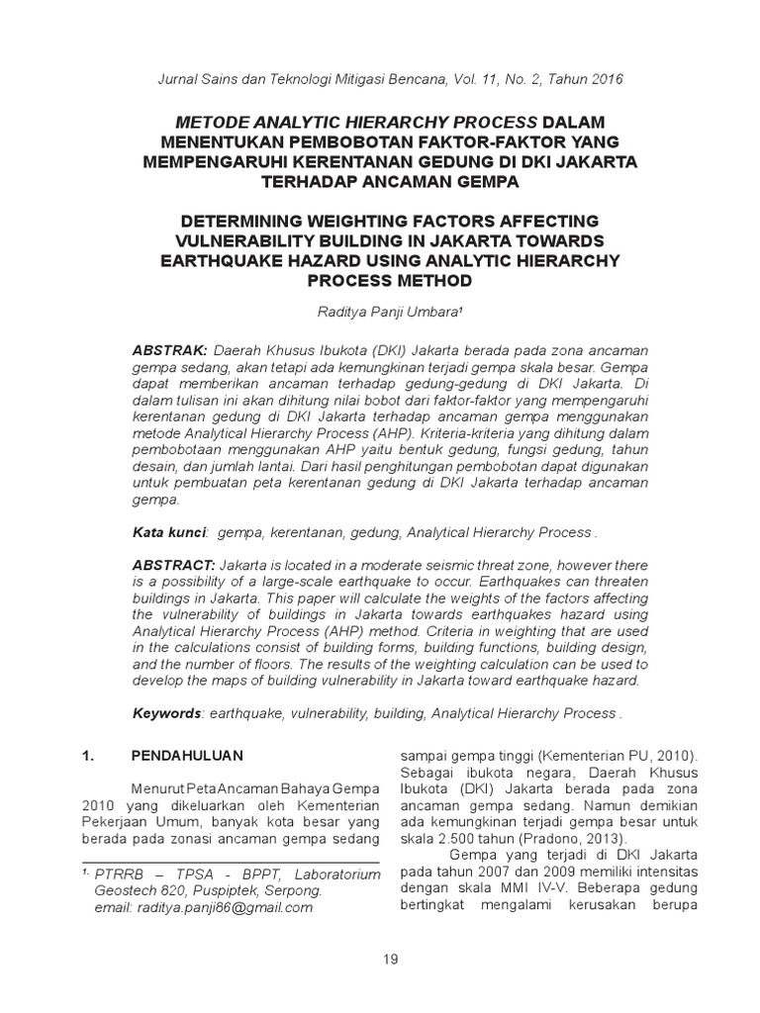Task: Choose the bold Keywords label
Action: (x=167, y=713)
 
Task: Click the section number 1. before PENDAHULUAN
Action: (x=87, y=756)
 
